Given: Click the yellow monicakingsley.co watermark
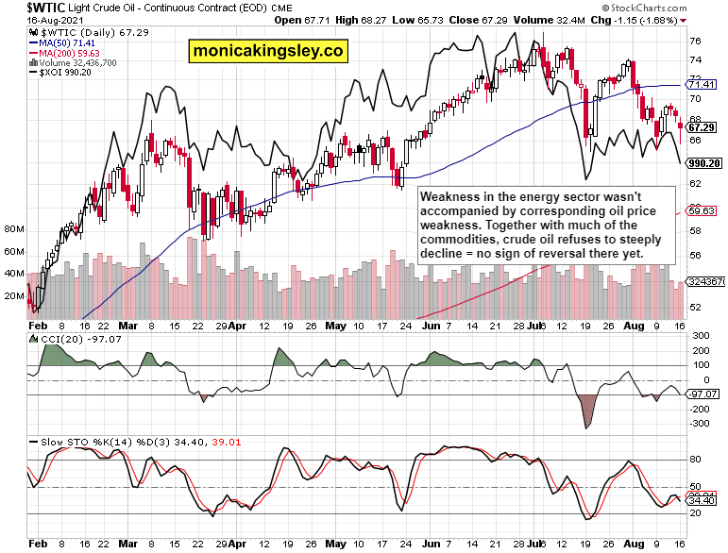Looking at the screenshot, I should (x=268, y=50).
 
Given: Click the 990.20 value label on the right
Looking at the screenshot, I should (x=705, y=162).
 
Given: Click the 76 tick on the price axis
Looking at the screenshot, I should (x=695, y=41).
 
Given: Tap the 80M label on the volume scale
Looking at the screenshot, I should (x=13, y=229).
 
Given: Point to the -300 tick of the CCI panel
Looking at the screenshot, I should (x=701, y=424).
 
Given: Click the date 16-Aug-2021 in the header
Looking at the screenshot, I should (x=33, y=19).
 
